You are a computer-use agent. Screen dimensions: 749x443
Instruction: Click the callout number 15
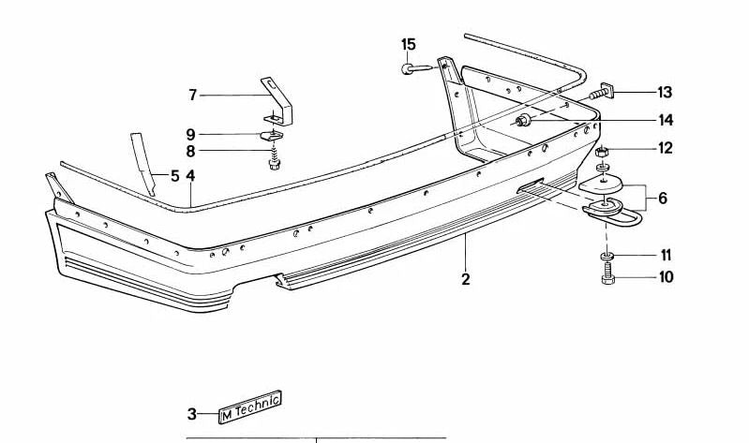tap(408, 44)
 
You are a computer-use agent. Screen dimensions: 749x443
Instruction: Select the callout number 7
tap(192, 96)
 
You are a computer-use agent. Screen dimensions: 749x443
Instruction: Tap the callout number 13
tap(665, 92)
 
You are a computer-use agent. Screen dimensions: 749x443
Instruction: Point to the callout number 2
tap(466, 279)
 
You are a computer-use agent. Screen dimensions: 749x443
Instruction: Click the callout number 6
tap(663, 198)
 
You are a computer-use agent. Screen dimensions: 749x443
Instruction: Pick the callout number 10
tap(666, 277)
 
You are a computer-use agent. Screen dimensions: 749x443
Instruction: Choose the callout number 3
tap(191, 414)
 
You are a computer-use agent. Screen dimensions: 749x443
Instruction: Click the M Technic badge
tap(250, 406)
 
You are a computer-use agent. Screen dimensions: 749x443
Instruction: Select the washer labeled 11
tap(607, 257)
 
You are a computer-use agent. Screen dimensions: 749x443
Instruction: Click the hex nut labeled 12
tap(602, 153)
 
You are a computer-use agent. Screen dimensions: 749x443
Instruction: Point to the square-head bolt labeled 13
tap(602, 92)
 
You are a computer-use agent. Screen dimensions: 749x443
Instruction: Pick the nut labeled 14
tap(523, 121)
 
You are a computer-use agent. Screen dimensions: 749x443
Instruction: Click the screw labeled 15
tap(416, 68)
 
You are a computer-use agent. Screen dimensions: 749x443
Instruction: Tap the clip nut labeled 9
tap(271, 136)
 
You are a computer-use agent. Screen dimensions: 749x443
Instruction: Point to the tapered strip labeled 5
tap(142, 164)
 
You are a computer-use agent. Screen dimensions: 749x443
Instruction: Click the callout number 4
tap(190, 176)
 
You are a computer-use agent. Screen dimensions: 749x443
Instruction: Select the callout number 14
tap(666, 120)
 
